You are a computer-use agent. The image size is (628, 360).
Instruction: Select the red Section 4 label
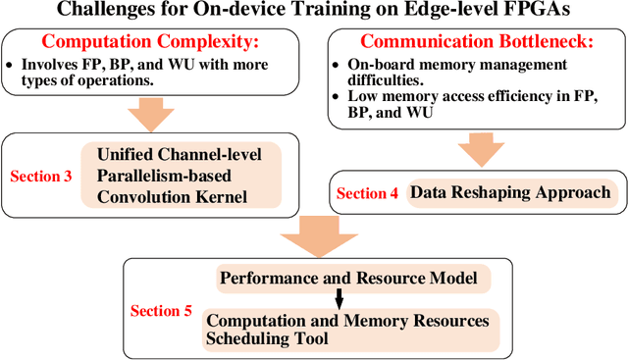[367, 193]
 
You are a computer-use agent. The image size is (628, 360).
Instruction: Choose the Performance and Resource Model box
[348, 280]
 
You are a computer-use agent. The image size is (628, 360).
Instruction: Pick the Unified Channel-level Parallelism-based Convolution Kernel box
[186, 177]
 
